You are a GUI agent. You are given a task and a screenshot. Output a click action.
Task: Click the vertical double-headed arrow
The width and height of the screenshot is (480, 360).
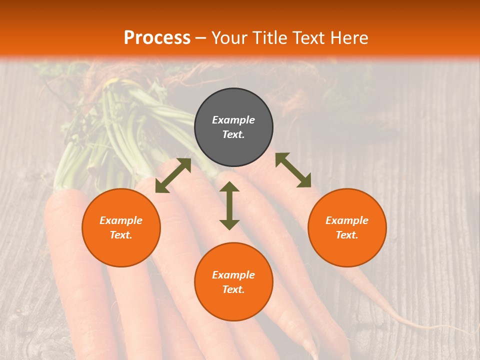[229, 205]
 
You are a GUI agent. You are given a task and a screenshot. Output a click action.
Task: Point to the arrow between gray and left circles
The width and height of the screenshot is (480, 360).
[173, 175]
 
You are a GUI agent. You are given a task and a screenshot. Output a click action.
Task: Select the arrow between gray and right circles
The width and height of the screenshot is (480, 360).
[293, 170]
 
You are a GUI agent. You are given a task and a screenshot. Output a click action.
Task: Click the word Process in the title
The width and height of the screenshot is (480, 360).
[157, 37]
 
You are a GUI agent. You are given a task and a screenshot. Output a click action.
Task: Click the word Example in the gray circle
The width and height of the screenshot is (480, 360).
[233, 120]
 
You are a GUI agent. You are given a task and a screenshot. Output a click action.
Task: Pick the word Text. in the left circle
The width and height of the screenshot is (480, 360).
[121, 235]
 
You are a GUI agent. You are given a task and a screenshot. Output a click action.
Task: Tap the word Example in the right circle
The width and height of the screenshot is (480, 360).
[347, 220]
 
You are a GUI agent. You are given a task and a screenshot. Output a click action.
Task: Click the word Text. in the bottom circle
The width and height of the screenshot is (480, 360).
[233, 289]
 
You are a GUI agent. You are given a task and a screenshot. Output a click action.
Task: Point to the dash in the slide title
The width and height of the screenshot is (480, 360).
[201, 38]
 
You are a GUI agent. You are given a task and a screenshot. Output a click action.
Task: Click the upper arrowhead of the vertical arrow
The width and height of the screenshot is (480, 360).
[229, 187]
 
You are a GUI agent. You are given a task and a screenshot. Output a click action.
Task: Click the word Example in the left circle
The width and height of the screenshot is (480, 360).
[121, 220]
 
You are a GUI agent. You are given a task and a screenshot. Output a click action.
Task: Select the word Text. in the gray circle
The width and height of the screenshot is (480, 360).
[233, 134]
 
